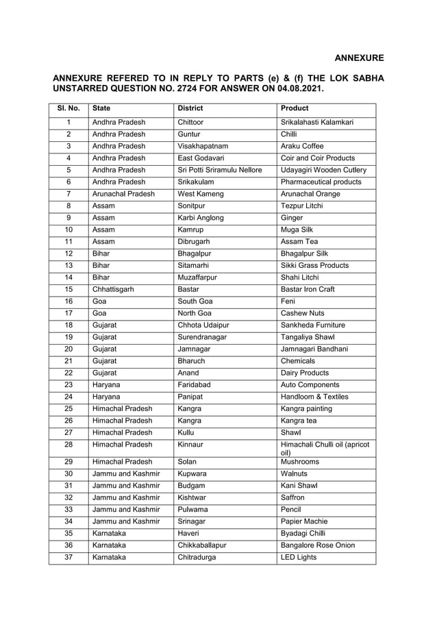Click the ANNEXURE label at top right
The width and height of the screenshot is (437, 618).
359,58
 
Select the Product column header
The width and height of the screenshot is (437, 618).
295,108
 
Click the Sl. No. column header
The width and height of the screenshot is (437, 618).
68,108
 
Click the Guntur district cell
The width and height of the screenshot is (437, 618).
189,134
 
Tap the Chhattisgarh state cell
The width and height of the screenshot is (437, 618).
113,289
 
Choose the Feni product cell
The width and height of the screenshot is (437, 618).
288,301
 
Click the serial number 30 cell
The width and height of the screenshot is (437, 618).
68,473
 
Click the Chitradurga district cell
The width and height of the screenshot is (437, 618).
197,558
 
